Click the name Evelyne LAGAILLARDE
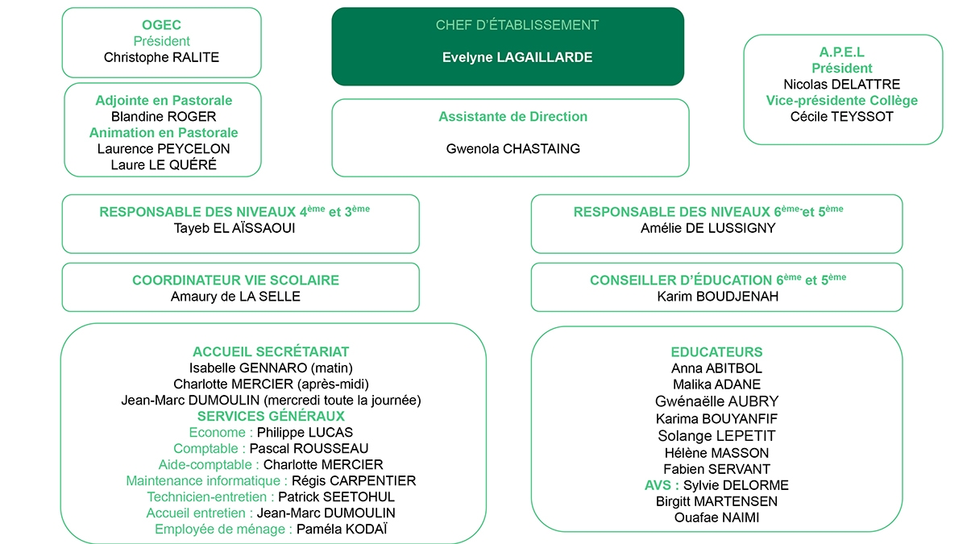(x=517, y=57)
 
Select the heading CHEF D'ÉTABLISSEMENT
(x=517, y=25)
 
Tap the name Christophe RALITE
(x=161, y=57)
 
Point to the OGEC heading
(x=161, y=25)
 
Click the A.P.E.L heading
(x=841, y=52)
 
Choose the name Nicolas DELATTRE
(x=841, y=85)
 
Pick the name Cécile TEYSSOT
(x=841, y=117)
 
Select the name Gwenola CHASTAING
(x=513, y=149)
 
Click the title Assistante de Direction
(x=513, y=117)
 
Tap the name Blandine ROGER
(x=164, y=117)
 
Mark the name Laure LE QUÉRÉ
(x=164, y=165)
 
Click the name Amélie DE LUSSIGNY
(x=708, y=228)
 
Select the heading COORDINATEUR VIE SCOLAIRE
(x=235, y=280)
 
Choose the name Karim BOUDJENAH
(x=716, y=297)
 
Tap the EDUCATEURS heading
(x=716, y=352)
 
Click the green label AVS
(x=661, y=485)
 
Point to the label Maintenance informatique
(x=205, y=481)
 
